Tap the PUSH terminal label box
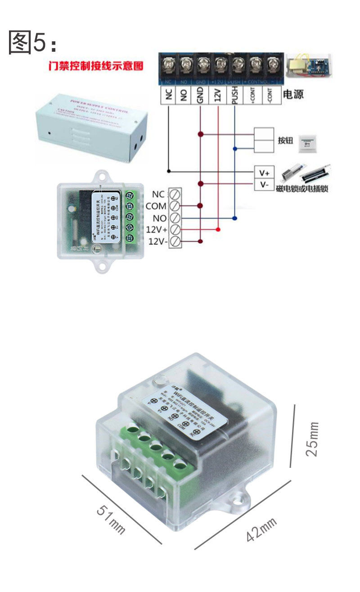click(234, 95)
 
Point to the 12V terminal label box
click(218, 95)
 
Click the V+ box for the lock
click(264, 172)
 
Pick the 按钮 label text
click(285, 140)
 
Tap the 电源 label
click(293, 94)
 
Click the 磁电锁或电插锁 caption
click(302, 188)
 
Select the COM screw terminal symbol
click(175, 206)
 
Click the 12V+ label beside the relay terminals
click(156, 230)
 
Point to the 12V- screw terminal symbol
click(175, 242)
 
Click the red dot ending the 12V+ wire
click(218, 230)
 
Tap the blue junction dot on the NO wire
click(234, 218)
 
